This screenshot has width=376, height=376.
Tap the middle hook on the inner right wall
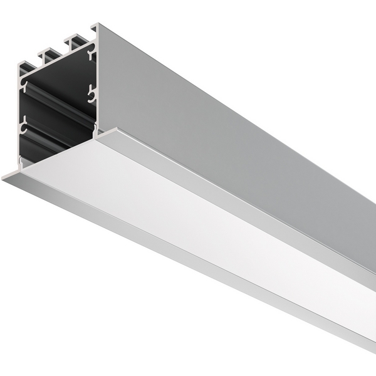click(92, 94)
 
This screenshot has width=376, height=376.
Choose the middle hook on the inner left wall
click(24, 127)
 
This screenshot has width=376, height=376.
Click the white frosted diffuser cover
click(188, 207)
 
